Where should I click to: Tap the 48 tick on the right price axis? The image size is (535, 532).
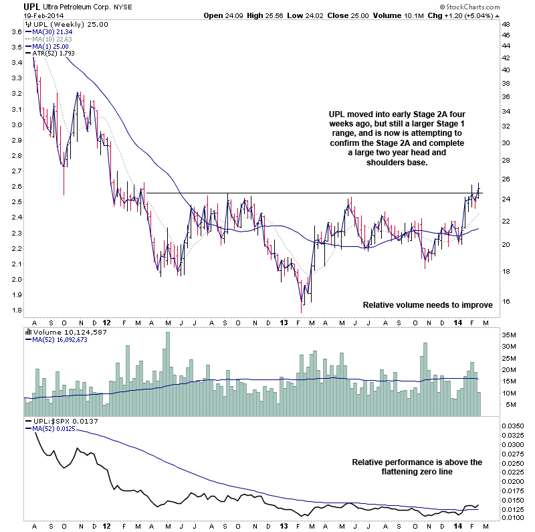point(506,25)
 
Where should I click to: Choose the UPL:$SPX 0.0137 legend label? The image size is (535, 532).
point(62,420)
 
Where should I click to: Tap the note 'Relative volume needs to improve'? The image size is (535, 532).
point(427,305)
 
